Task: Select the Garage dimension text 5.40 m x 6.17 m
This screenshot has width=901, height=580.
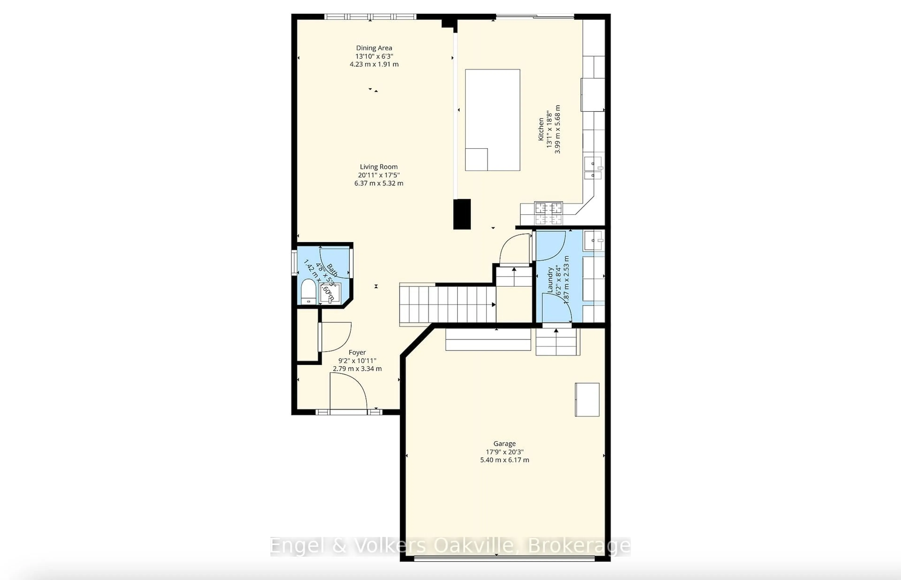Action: click(x=504, y=460)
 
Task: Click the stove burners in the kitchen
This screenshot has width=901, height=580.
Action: click(x=549, y=213)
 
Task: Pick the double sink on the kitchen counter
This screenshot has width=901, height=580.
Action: click(x=593, y=168)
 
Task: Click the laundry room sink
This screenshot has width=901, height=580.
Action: click(x=593, y=240)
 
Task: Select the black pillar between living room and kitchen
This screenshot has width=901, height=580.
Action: click(x=462, y=214)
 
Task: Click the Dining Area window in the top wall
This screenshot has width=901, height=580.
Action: click(x=370, y=17)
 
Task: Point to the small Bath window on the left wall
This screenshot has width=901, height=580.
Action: click(x=294, y=263)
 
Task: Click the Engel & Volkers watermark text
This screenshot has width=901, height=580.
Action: click(x=450, y=546)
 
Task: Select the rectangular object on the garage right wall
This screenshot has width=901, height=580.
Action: click(x=587, y=399)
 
